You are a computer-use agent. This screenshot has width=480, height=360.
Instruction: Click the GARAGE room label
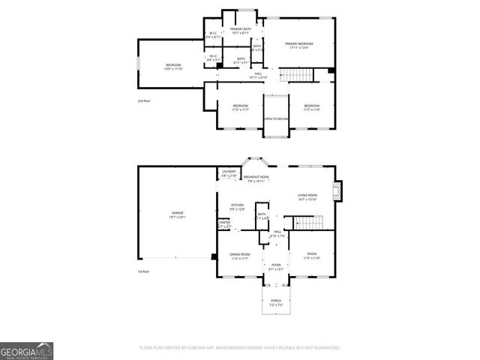(178, 214)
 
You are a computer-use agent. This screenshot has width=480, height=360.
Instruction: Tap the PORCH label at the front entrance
(276, 302)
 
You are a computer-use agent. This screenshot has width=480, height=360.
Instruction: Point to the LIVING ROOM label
(307, 196)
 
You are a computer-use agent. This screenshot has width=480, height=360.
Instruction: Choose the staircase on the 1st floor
(307, 223)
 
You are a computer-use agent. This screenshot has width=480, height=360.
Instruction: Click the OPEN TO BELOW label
(276, 119)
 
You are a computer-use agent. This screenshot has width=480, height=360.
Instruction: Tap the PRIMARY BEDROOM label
(298, 45)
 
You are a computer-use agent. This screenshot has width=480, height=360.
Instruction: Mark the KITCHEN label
(237, 206)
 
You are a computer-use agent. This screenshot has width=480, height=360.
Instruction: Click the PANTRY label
(224, 223)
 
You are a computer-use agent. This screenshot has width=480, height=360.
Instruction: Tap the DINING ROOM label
(240, 256)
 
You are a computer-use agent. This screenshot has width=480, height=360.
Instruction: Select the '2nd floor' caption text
(143, 100)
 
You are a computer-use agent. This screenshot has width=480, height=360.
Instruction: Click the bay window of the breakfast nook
(255, 161)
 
